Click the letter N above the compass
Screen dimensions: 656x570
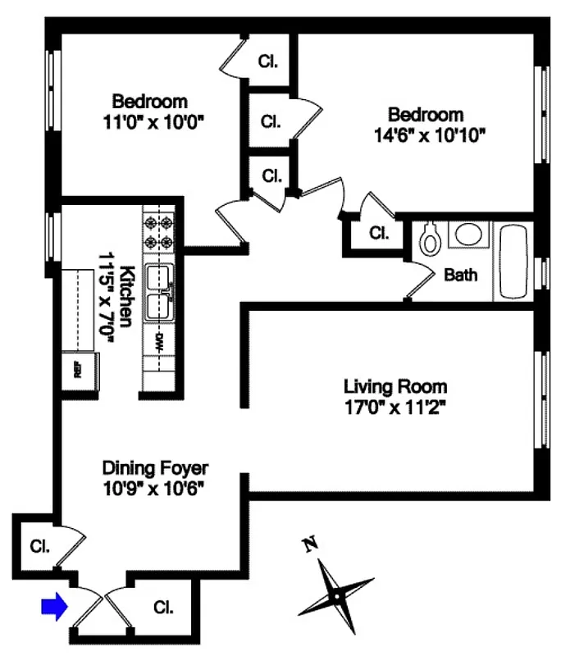(310, 544)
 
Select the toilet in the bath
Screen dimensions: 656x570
(430, 239)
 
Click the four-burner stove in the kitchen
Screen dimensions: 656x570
(158, 231)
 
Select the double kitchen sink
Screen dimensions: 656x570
(158, 293)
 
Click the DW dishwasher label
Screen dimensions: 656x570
(158, 343)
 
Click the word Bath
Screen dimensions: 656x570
(461, 276)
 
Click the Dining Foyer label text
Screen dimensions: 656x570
(155, 468)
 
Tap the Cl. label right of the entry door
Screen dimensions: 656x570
(164, 608)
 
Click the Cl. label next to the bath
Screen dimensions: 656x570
(378, 233)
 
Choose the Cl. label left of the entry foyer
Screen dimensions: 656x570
(39, 545)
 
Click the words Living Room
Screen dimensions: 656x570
(395, 385)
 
